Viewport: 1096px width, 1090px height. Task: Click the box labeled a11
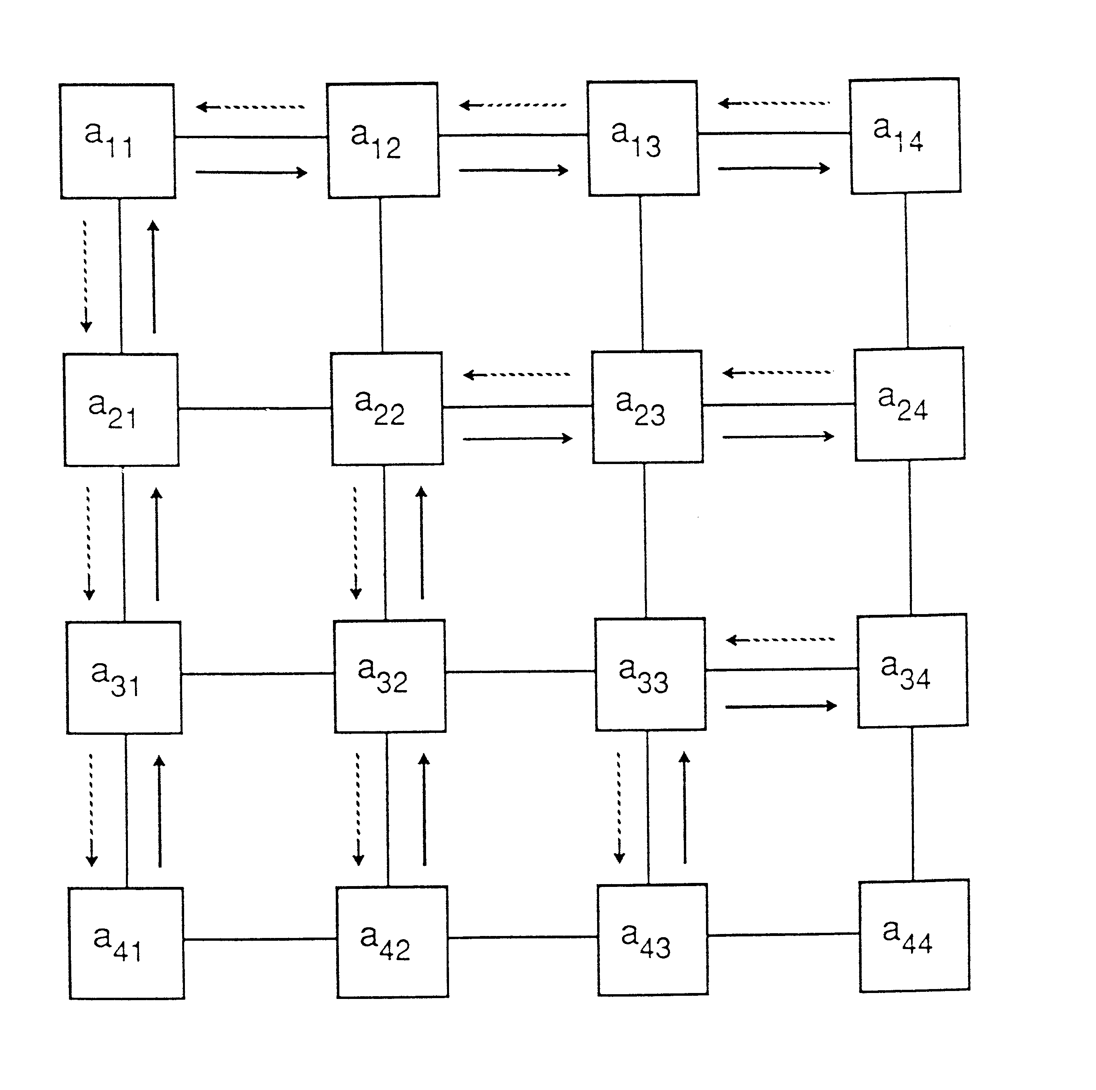tap(118, 141)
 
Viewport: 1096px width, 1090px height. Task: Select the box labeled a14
tap(905, 136)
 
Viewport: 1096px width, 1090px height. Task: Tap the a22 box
tap(387, 408)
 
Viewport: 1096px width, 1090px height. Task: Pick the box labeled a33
tap(650, 674)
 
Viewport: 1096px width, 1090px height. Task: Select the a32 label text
tap(382, 675)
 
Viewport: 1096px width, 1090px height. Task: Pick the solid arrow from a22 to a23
tap(518, 438)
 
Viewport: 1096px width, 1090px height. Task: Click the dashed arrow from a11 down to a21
tap(86, 276)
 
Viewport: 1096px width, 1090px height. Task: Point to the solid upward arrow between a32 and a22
tap(422, 543)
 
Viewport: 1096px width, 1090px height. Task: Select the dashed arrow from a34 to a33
tap(780, 640)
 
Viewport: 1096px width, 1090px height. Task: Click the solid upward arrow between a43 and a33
tap(685, 808)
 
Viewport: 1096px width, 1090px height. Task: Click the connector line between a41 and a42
tap(260, 940)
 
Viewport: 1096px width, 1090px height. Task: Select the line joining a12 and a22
tap(381, 274)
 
